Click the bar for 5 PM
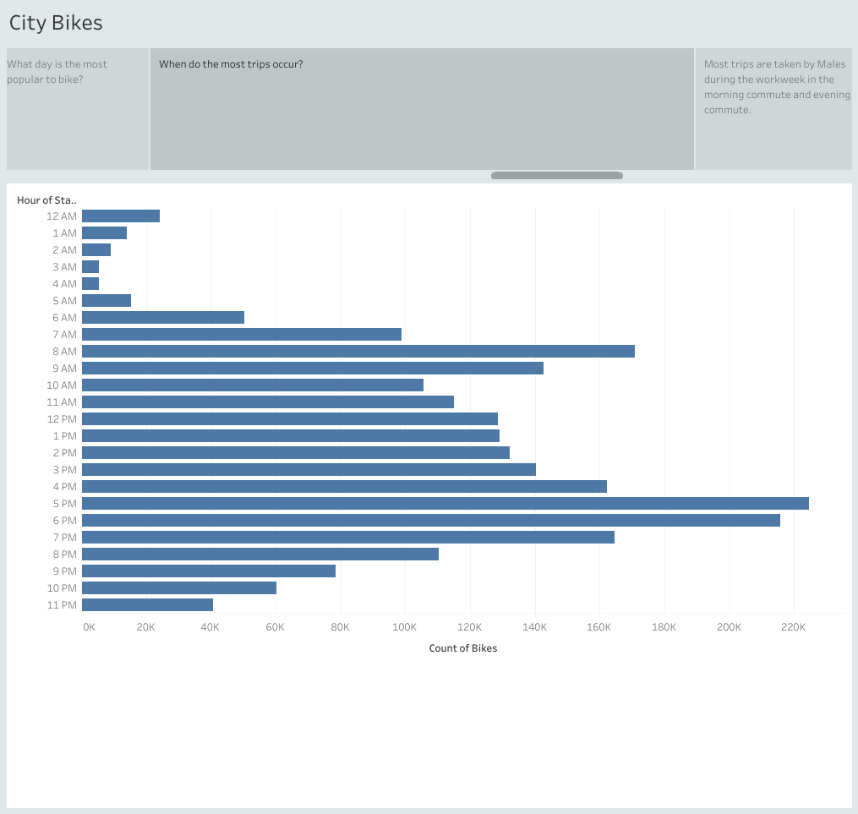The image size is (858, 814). (x=445, y=503)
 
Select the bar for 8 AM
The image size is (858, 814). (x=358, y=351)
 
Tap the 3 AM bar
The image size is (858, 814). (x=90, y=266)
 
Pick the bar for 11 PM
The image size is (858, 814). (x=147, y=604)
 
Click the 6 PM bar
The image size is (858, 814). (x=430, y=520)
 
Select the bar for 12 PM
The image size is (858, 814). (x=289, y=418)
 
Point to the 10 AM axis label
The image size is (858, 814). (x=62, y=385)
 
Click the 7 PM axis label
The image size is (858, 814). (x=63, y=538)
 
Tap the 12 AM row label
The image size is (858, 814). (x=62, y=216)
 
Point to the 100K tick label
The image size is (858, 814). (x=404, y=627)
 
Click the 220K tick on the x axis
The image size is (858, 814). (x=793, y=627)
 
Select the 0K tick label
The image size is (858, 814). (x=89, y=627)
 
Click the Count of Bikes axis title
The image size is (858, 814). (x=462, y=648)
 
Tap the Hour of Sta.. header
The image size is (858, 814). (x=46, y=200)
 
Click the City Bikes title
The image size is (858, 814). (x=56, y=23)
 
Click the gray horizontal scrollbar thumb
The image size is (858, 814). (x=556, y=176)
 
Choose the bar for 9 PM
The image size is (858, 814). (x=208, y=571)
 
